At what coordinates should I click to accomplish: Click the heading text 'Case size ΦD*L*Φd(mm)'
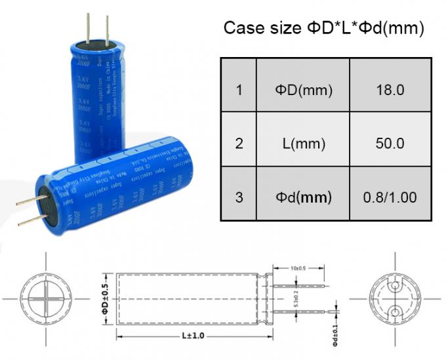[324, 28]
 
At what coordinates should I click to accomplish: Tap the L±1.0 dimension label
[190, 336]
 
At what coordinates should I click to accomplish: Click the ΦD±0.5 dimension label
[105, 300]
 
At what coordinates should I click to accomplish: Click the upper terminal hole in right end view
[395, 287]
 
